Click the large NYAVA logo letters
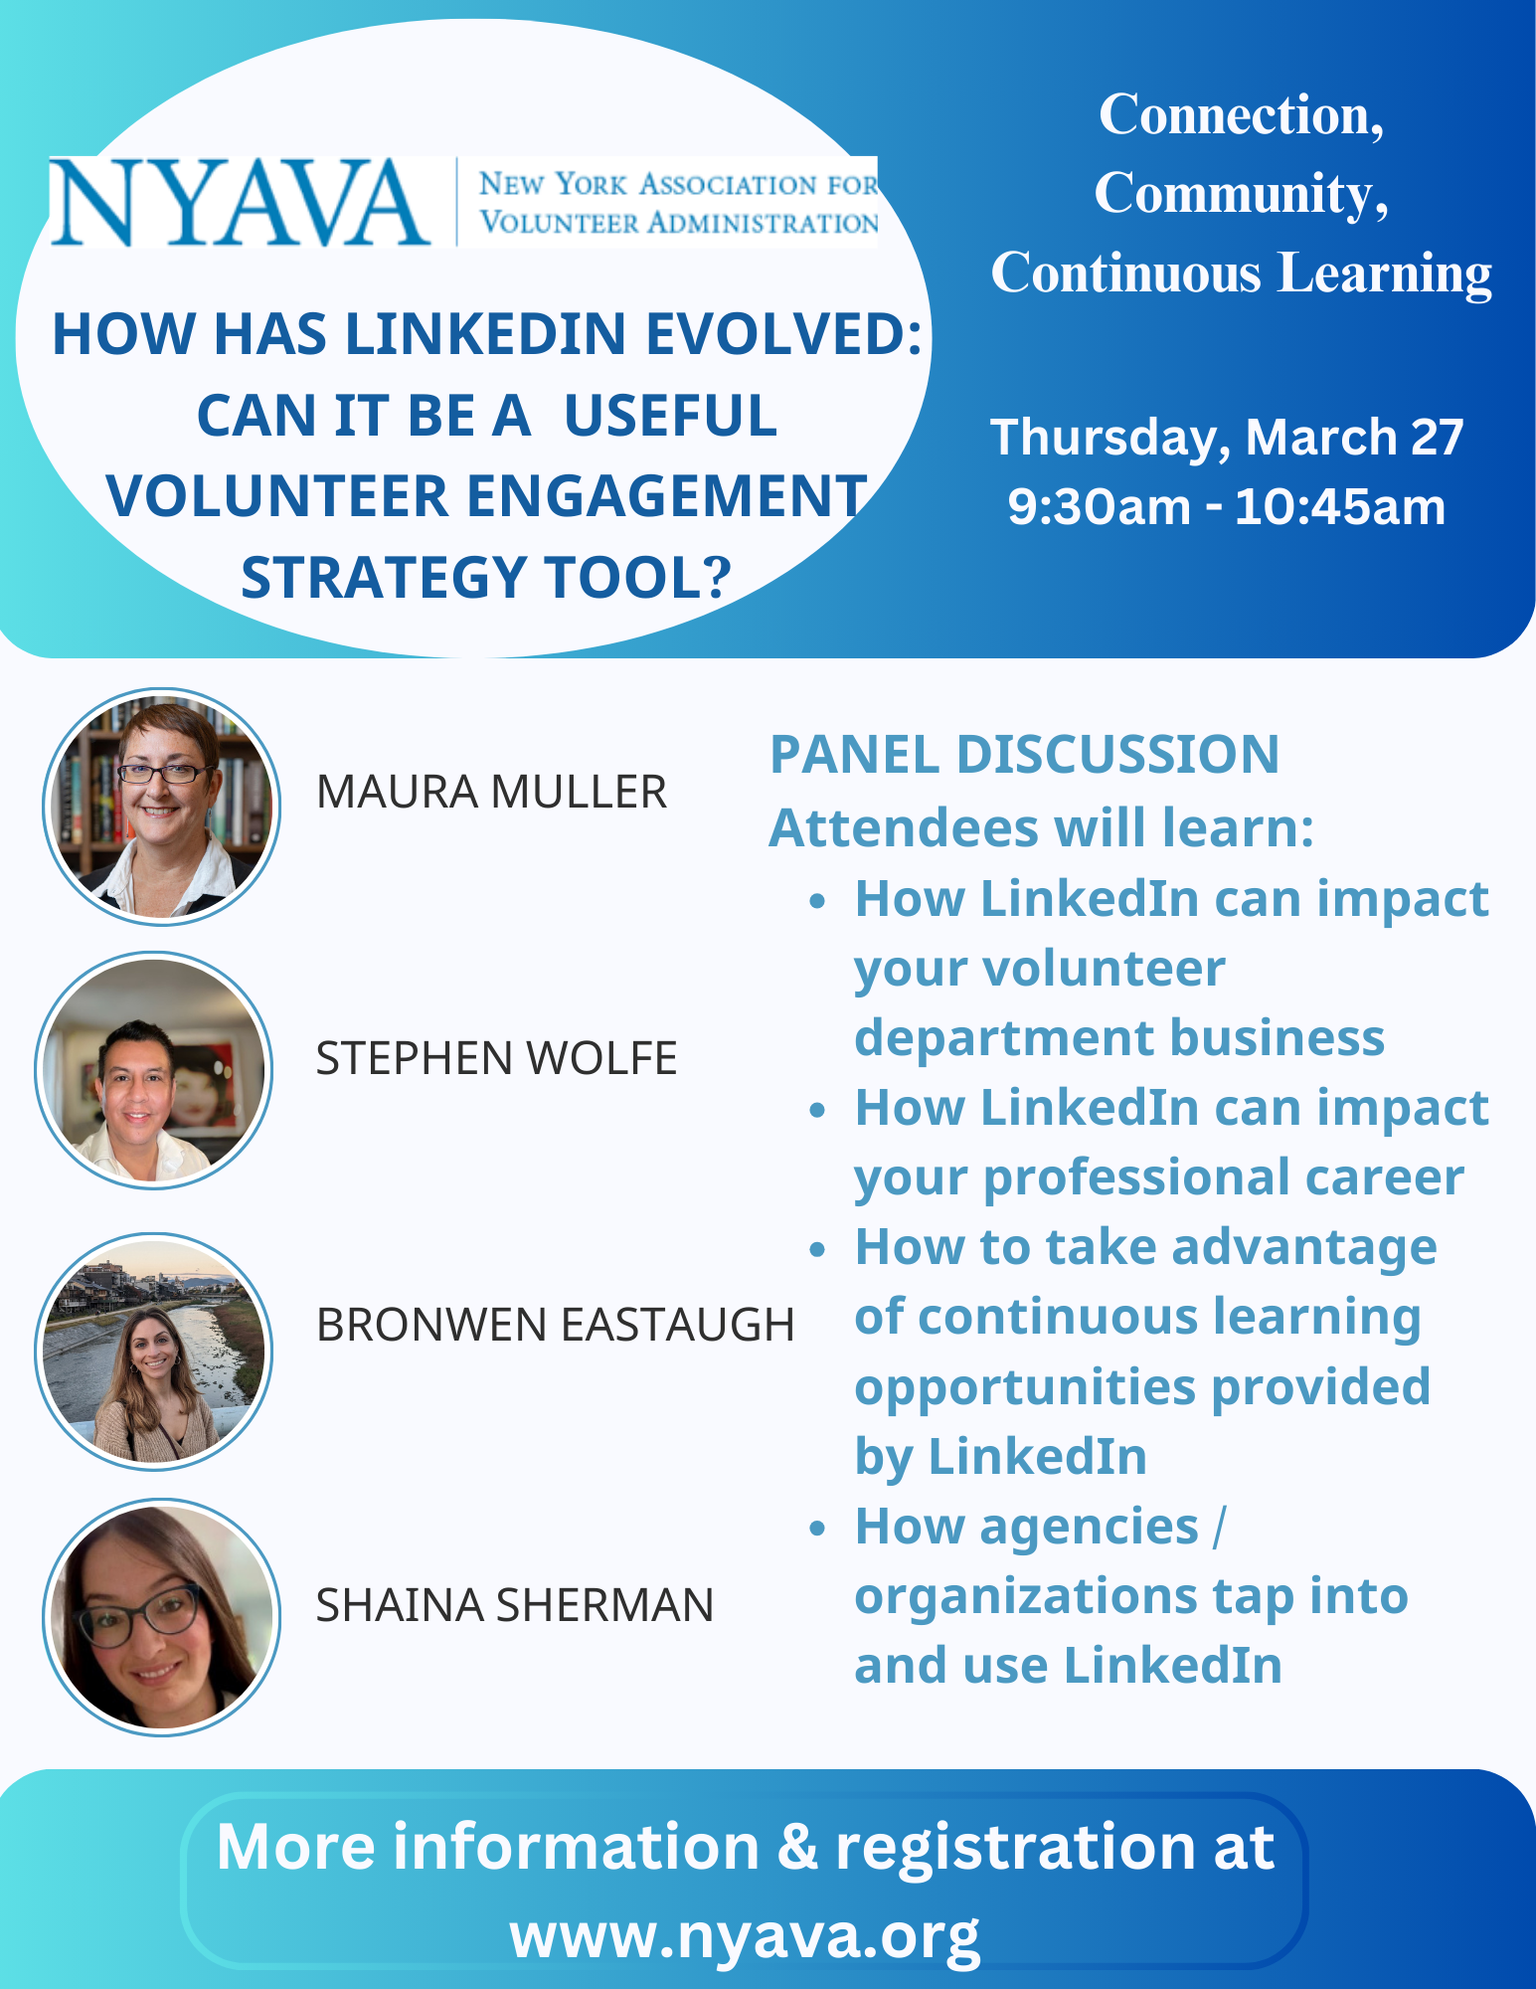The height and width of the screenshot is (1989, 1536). (x=239, y=203)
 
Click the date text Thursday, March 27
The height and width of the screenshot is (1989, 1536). (x=1227, y=438)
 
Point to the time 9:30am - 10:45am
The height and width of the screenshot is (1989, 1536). (x=1227, y=507)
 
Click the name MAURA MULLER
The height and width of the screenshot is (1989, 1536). (x=491, y=793)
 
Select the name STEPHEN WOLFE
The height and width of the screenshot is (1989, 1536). (x=496, y=1058)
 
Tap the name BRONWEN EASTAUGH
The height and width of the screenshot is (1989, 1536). (x=555, y=1325)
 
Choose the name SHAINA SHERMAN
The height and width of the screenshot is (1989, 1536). (x=514, y=1605)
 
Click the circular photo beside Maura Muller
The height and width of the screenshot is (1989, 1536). (x=161, y=807)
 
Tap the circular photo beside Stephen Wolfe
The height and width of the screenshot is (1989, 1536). (x=154, y=1070)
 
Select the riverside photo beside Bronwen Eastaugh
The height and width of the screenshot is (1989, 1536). (x=154, y=1351)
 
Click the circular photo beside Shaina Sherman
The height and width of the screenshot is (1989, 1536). (x=161, y=1617)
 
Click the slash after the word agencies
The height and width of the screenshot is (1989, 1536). (x=1220, y=1527)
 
